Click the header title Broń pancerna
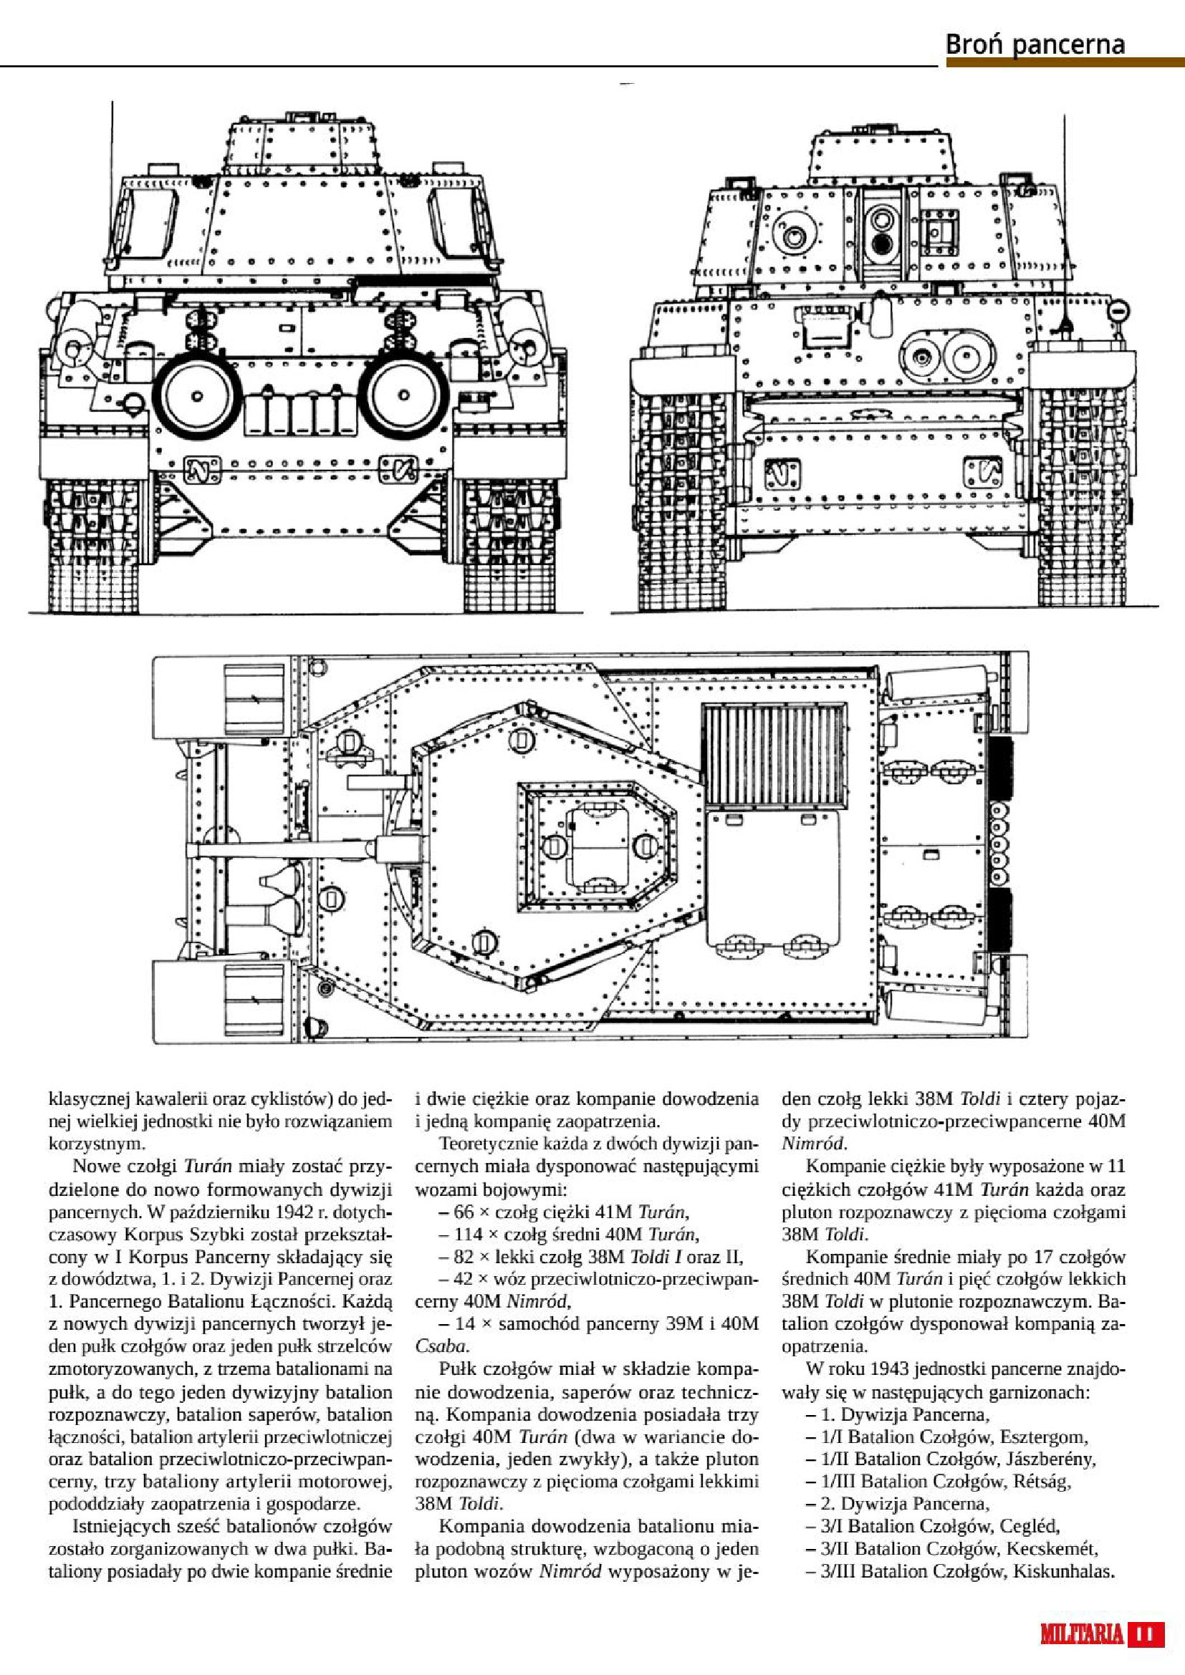[x=1035, y=45]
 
